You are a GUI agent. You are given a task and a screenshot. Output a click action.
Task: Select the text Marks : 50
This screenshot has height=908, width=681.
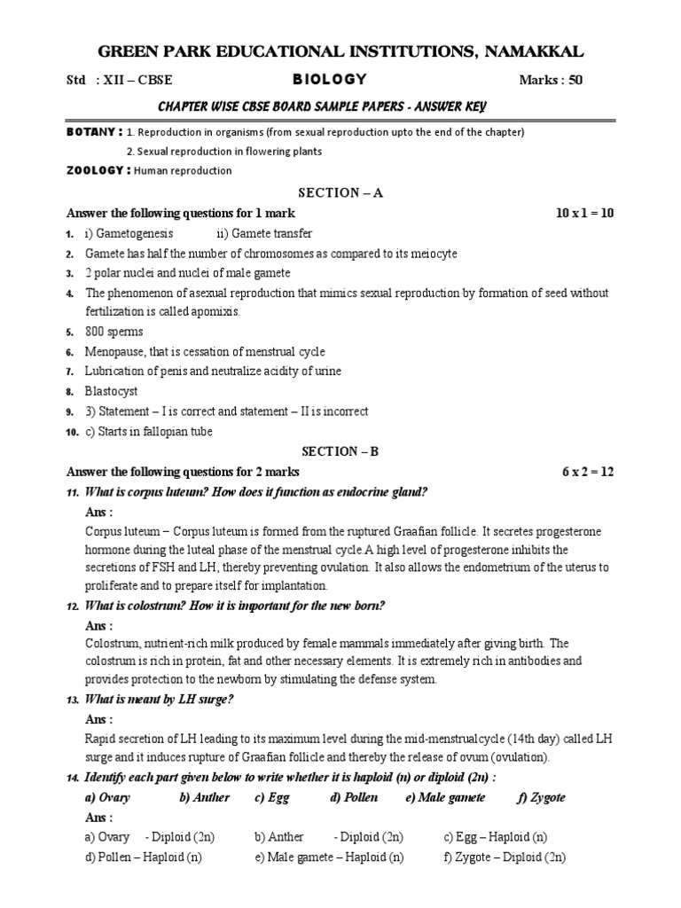(x=551, y=81)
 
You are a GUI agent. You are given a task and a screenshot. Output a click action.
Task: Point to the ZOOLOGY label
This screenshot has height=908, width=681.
(x=98, y=170)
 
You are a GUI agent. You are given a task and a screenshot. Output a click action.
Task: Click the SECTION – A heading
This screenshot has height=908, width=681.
(x=340, y=192)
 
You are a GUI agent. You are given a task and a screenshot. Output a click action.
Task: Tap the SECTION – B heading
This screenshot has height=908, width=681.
(x=340, y=451)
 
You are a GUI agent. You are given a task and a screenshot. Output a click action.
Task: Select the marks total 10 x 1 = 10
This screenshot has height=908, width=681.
(x=583, y=214)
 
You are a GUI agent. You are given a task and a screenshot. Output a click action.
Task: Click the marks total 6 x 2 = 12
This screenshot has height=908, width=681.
(x=587, y=472)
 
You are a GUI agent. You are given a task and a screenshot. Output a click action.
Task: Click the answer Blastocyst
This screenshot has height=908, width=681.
(x=112, y=391)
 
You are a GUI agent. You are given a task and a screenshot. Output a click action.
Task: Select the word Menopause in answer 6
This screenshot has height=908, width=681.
(x=114, y=351)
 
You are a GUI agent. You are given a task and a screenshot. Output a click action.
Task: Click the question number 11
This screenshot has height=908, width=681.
(x=72, y=492)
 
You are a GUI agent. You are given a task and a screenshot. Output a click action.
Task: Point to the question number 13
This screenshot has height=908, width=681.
(x=72, y=701)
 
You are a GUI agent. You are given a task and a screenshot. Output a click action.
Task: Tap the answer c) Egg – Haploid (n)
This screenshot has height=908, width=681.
(x=495, y=837)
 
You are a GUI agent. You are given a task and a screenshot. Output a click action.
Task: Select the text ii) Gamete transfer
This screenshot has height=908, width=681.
(x=264, y=233)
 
